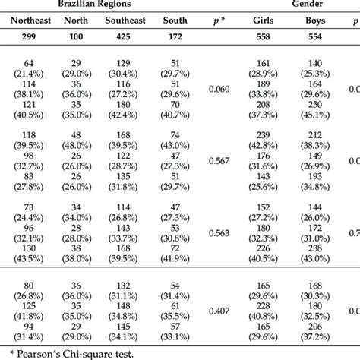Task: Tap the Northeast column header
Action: (x=27, y=21)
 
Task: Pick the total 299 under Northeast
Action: (x=27, y=36)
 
